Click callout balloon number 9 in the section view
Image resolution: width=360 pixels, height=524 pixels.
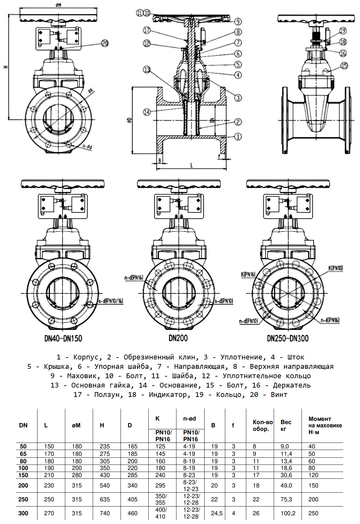(x=238, y=22)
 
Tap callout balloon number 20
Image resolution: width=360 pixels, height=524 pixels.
(x=105, y=43)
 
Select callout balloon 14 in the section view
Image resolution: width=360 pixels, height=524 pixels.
(x=147, y=112)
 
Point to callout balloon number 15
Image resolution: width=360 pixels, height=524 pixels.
(x=344, y=66)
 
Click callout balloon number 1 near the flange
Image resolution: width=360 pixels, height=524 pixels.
(x=238, y=136)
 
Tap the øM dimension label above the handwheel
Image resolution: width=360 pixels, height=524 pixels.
(x=58, y=5)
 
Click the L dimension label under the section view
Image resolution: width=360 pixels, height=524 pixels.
(x=192, y=166)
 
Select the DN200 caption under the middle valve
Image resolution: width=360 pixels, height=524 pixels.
(x=178, y=338)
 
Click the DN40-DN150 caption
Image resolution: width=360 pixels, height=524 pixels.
(x=63, y=338)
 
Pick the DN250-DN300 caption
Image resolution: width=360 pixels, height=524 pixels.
(x=288, y=338)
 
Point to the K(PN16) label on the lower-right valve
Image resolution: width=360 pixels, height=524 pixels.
(x=248, y=274)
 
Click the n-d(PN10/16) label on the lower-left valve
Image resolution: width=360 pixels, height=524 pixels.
(x=111, y=301)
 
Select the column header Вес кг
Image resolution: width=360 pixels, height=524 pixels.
(x=286, y=425)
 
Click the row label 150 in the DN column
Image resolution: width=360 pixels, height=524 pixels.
(x=23, y=475)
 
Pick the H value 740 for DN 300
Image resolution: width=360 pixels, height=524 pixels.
(x=105, y=513)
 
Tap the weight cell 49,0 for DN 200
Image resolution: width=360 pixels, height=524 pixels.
(x=286, y=486)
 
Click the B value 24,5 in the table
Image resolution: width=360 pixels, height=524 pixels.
(x=217, y=513)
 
